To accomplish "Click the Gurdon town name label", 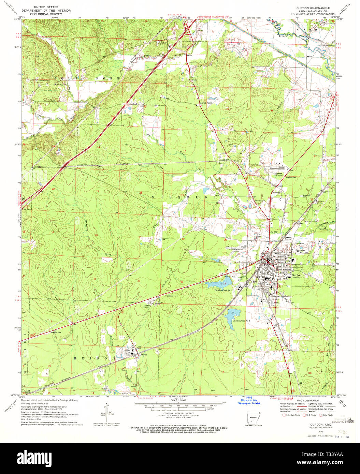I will coord(296,275).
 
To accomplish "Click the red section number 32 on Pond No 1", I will coord(224,283).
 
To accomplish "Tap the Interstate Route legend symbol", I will coord(283,415).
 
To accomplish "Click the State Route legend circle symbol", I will coord(321,415).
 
